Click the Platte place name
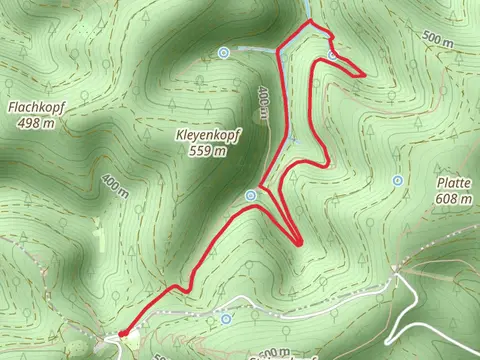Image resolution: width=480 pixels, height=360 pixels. click(454, 183)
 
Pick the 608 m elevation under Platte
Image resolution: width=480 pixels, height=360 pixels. click(454, 200)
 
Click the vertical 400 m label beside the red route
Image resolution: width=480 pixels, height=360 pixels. click(264, 103)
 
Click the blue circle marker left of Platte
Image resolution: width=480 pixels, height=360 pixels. click(398, 181)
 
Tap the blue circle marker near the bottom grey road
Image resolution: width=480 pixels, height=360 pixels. click(226, 318)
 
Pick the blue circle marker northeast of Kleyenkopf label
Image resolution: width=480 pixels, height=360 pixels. click(224, 52)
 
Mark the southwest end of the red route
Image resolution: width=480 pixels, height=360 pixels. click(121, 333)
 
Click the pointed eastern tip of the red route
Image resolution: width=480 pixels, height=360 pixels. click(364, 73)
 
